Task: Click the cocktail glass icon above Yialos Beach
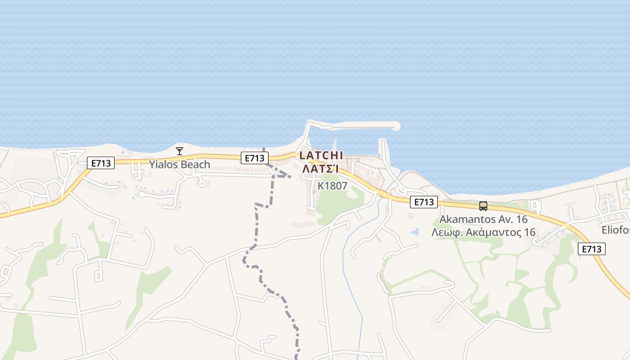click(180, 151)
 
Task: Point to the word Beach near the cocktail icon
click(195, 165)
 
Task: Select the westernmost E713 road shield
click(101, 163)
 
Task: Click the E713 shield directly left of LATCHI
click(255, 158)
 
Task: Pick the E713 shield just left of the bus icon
click(424, 202)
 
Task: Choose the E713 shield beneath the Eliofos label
click(592, 249)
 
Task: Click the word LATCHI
click(321, 155)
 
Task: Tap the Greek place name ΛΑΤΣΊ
click(320, 169)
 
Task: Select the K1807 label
click(333, 185)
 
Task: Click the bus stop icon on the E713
click(483, 206)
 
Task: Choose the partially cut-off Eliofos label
click(616, 230)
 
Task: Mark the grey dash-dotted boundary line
click(257, 225)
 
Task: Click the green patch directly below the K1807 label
click(335, 205)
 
